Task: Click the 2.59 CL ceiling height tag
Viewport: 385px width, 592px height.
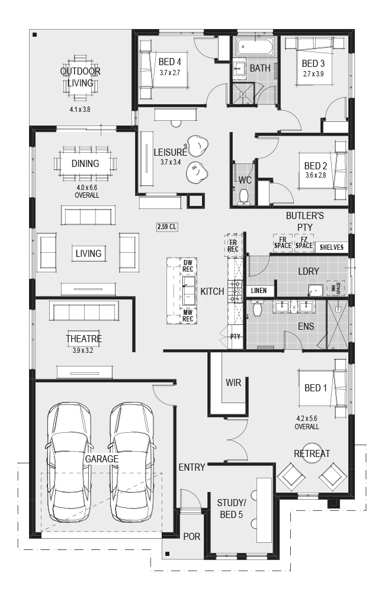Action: tap(166, 227)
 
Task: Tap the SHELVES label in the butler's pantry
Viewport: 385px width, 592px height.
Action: tap(331, 247)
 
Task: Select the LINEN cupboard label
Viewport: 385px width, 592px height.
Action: tap(259, 290)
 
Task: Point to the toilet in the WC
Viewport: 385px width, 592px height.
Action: tap(244, 195)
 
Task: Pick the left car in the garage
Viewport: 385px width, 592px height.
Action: tap(69, 461)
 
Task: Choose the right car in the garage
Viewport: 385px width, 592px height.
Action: tap(132, 461)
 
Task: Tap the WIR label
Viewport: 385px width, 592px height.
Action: tap(233, 382)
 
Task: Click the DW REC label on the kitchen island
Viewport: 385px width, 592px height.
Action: tap(188, 266)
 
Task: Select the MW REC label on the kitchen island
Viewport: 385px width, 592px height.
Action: tap(188, 316)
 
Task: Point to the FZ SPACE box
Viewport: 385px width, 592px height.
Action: tap(304, 242)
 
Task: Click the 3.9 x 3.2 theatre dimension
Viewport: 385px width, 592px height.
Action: tap(83, 350)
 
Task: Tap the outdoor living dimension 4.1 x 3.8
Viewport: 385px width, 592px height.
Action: tap(80, 110)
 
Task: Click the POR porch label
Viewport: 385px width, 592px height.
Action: tap(191, 536)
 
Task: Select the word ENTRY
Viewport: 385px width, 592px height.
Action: tap(192, 467)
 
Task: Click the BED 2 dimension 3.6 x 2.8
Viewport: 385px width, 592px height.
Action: tap(316, 175)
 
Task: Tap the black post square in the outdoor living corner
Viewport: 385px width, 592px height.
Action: tap(35, 35)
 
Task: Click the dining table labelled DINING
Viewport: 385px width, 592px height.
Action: tap(85, 163)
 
